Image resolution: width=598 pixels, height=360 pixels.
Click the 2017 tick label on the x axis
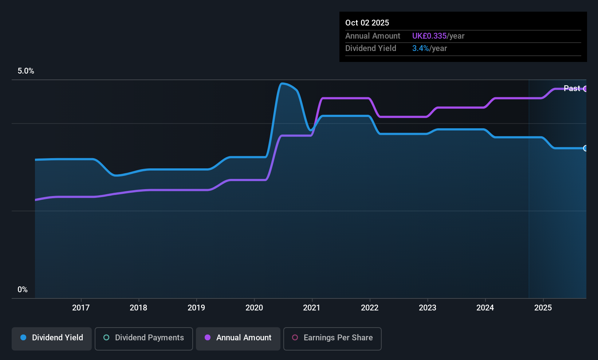coord(80,308)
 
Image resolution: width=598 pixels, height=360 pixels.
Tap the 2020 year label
coord(254,308)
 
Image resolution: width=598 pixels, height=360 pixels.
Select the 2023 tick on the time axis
coord(427,308)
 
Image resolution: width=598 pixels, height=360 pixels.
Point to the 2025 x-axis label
coord(543,308)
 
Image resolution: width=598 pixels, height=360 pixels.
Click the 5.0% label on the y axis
coord(26,71)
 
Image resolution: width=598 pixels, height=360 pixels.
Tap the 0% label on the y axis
coord(23,290)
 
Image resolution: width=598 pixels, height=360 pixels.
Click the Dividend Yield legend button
coord(52,338)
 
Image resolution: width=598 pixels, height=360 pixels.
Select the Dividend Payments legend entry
coord(144,338)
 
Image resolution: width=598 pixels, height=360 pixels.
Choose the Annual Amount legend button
coord(238,338)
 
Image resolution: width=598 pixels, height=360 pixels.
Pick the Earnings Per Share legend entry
coord(332,338)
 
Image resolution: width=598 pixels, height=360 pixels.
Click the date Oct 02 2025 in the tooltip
coord(367,23)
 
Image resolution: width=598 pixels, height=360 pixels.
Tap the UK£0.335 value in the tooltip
coord(429,36)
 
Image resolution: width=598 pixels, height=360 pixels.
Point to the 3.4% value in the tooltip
coord(420,48)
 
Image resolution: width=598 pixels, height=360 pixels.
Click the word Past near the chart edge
coord(571,88)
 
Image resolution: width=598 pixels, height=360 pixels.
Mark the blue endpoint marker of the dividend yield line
coord(585,148)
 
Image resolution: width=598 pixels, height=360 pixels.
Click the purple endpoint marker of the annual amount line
coord(585,89)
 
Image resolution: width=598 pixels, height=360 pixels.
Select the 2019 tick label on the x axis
coord(196,308)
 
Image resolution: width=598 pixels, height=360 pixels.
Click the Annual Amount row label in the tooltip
coord(373,36)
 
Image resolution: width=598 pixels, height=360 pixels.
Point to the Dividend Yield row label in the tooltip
coord(370,48)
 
